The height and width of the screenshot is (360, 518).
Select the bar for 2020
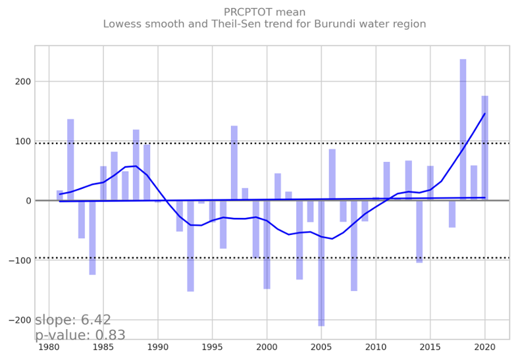pyautogui.click(x=484, y=148)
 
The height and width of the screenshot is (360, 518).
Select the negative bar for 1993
pyautogui.click(x=190, y=245)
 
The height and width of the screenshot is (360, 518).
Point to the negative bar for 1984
pyautogui.click(x=92, y=238)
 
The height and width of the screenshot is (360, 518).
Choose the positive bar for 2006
pyautogui.click(x=332, y=175)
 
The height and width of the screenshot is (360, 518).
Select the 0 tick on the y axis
pyautogui.click(x=27, y=201)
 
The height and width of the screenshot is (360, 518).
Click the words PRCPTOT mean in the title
pyautogui.click(x=264, y=13)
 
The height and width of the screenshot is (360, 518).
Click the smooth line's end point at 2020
pyautogui.click(x=484, y=113)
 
